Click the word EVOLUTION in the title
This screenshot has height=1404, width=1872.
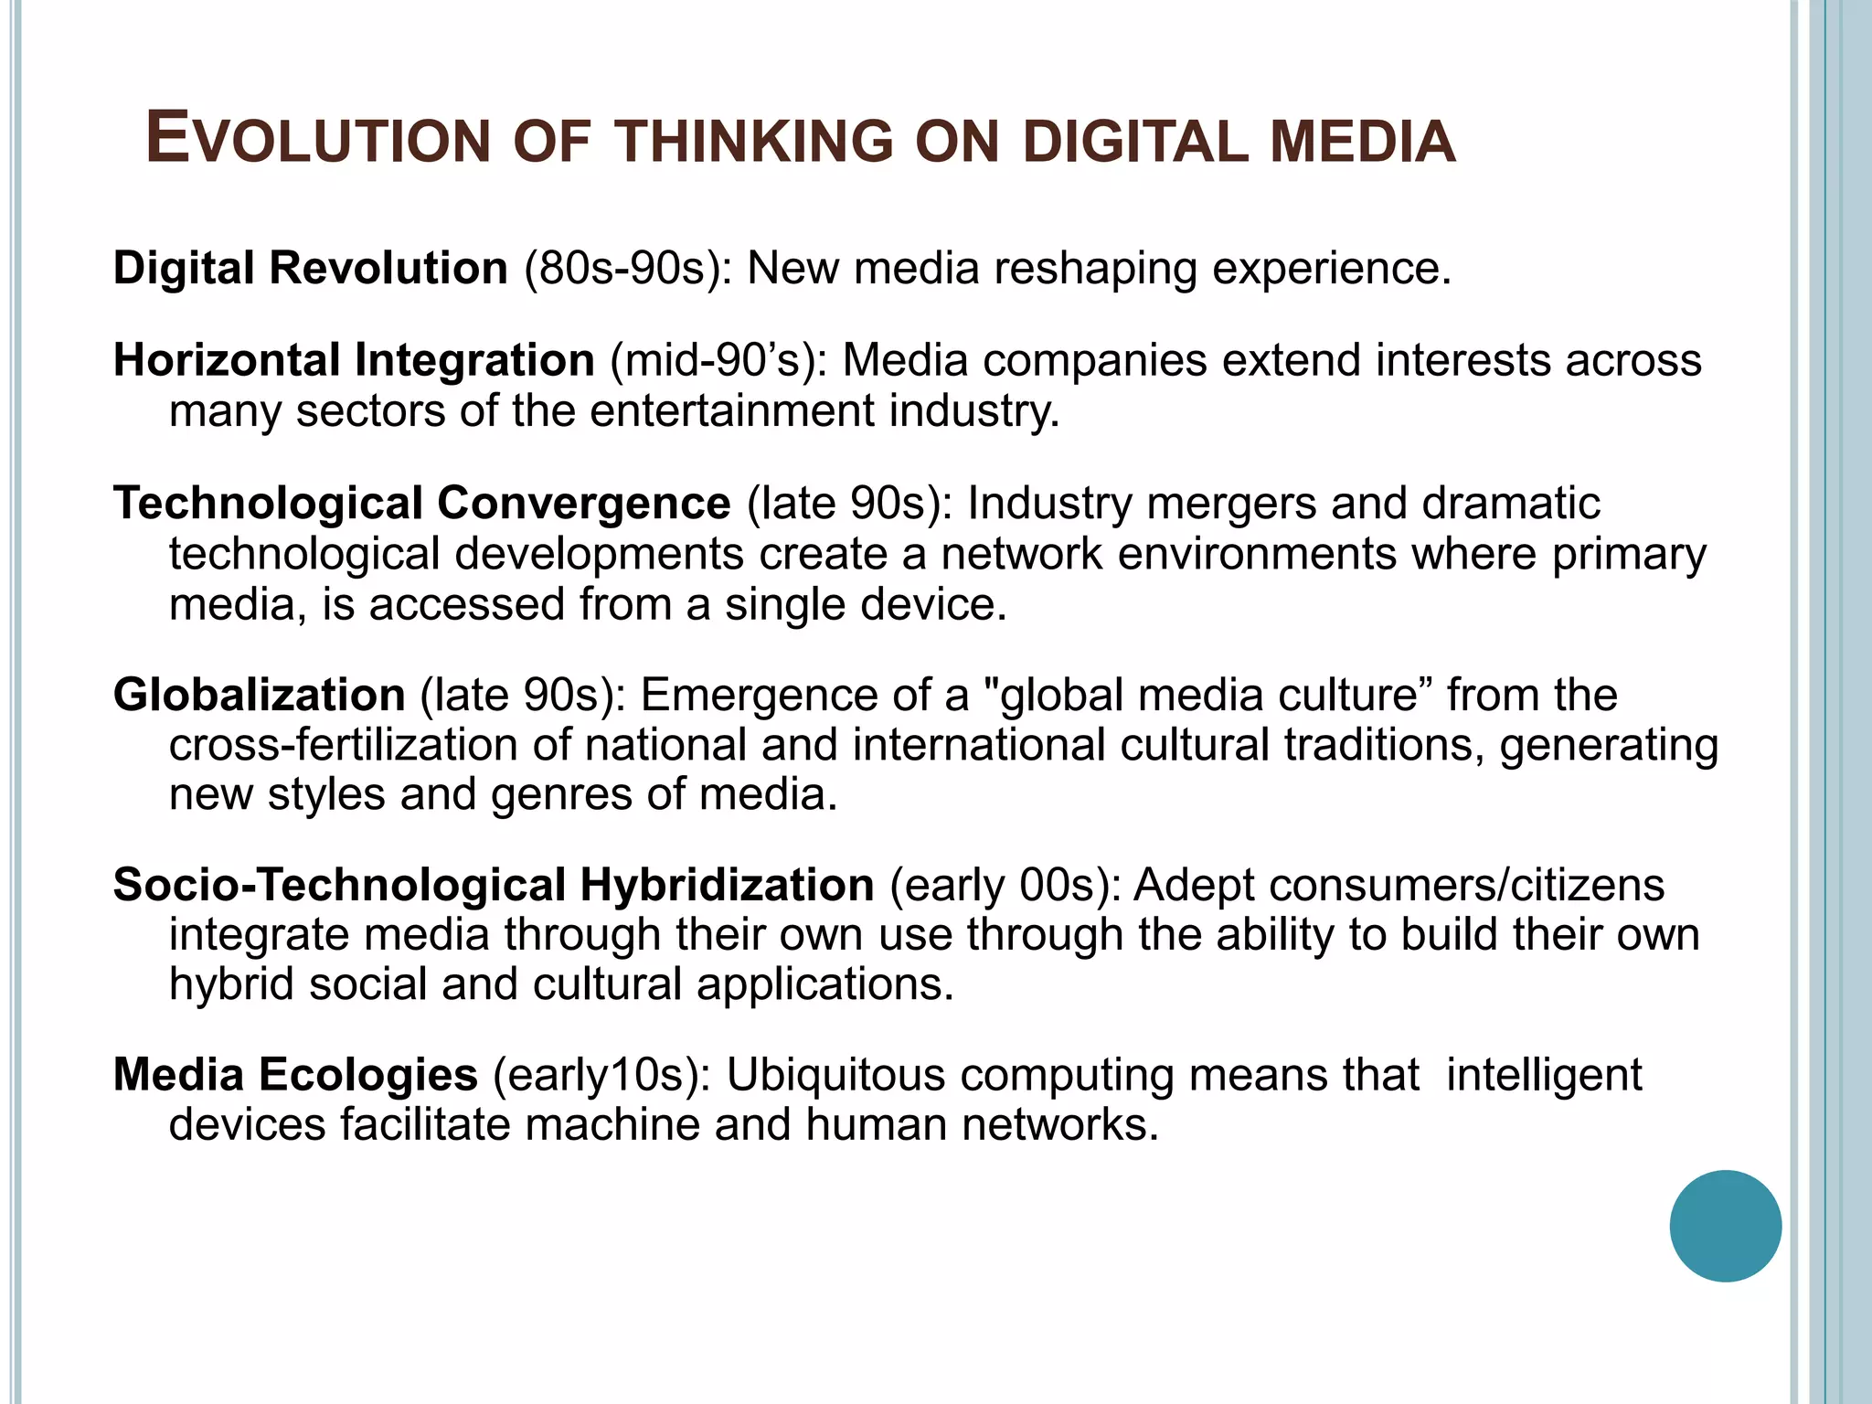317,141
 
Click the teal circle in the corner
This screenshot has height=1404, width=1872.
1725,1226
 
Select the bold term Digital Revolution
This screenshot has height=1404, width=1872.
310,268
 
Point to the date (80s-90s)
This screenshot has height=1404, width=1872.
628,269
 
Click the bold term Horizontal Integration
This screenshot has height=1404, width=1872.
354,360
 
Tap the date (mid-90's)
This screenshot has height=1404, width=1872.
718,361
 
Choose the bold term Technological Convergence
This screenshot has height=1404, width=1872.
421,504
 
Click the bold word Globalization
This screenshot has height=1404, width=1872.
259,695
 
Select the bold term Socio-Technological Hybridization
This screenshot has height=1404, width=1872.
494,885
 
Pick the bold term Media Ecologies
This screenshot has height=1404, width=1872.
295,1074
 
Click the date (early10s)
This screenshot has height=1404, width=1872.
601,1075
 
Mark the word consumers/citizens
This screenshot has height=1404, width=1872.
1466,885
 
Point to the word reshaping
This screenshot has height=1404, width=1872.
1095,269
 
